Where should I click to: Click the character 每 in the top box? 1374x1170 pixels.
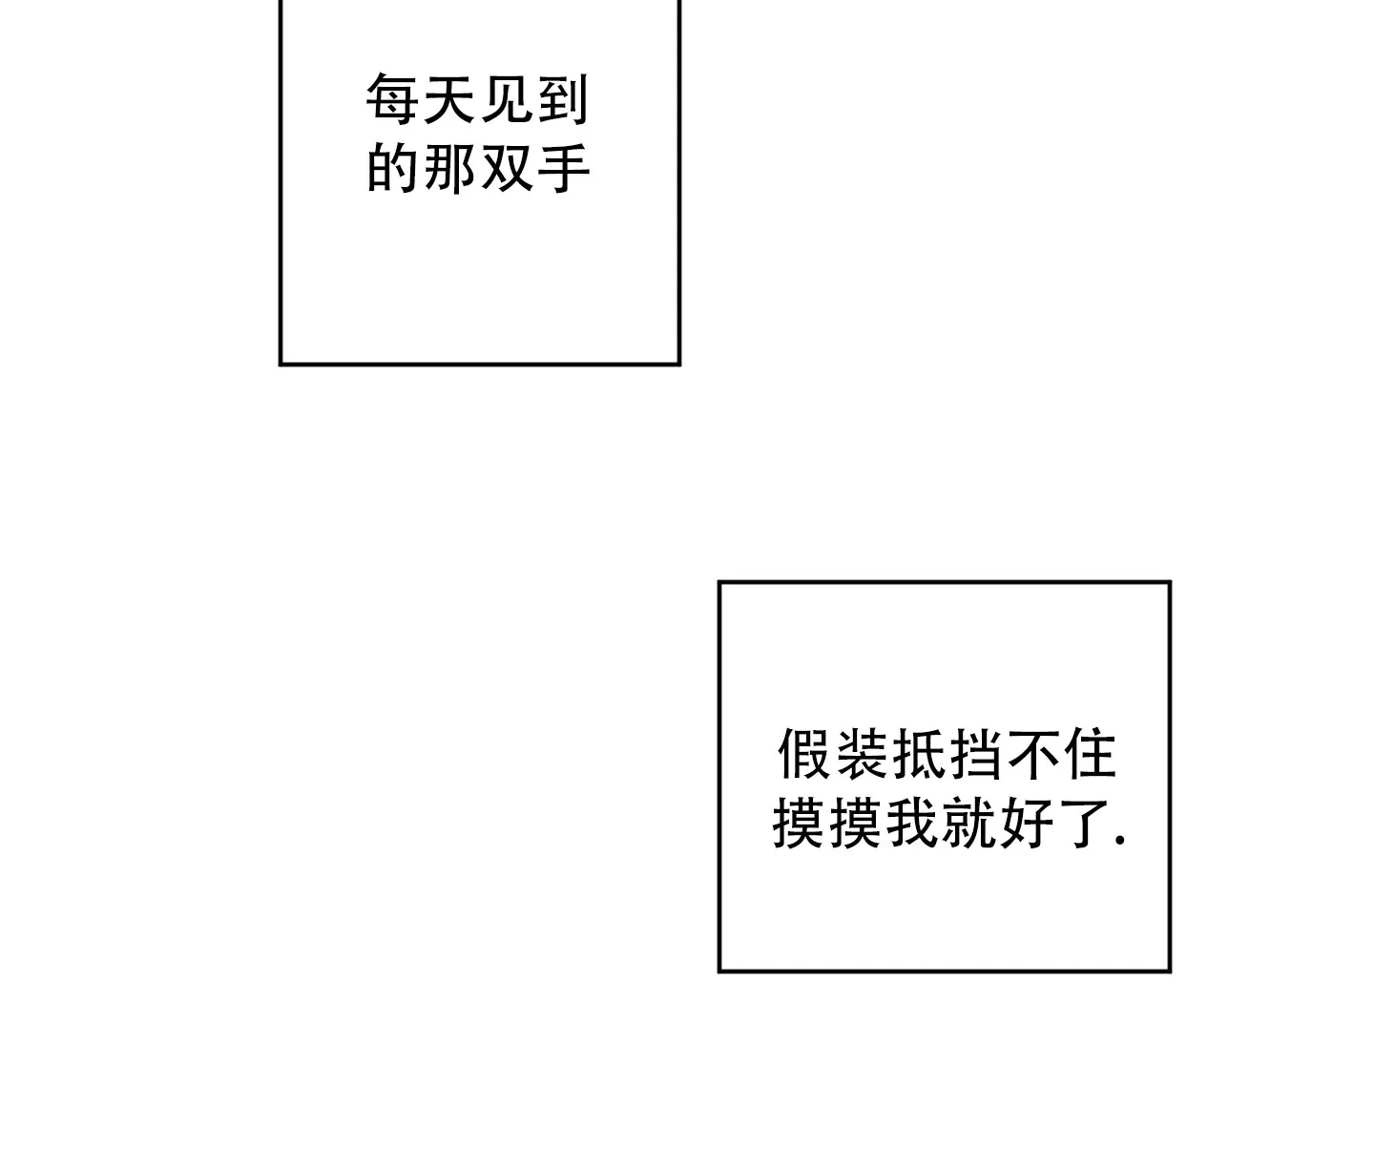coord(393,99)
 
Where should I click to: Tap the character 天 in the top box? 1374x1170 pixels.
coord(450,99)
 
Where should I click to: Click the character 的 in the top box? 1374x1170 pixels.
coord(393,168)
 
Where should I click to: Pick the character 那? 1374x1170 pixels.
coord(450,168)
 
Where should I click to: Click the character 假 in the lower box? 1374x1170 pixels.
coord(803,754)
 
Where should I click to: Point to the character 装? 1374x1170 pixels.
coord(862,754)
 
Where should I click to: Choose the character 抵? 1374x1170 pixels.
coord(919,754)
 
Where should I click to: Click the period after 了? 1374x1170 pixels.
coord(1121,840)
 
